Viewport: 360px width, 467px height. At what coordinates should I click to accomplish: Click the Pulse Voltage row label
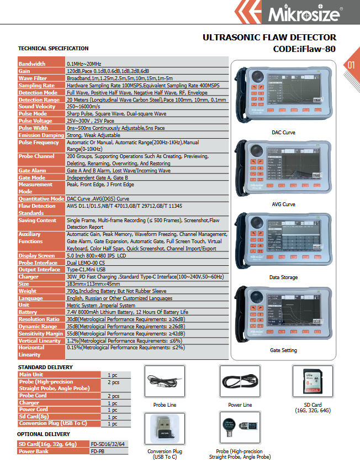[x=35, y=120]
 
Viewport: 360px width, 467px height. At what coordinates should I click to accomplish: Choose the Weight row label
[x=28, y=291]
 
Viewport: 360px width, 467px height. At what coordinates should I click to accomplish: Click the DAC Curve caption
[x=283, y=133]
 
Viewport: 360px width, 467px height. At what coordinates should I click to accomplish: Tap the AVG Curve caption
[x=283, y=204]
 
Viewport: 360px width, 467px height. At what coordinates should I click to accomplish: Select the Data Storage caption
[x=283, y=277]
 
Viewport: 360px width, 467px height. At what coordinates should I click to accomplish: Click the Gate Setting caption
[x=283, y=350]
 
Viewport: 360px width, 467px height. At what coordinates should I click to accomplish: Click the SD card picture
[x=313, y=381]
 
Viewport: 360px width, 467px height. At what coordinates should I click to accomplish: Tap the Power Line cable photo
[x=239, y=381]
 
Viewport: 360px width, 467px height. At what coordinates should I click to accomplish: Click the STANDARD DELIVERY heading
[x=45, y=367]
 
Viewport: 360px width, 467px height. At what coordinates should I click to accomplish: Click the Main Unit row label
[x=31, y=375]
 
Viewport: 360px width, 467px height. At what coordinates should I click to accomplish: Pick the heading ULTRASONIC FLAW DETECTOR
[x=269, y=38]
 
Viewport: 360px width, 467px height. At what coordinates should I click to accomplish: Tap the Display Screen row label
[x=36, y=256]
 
